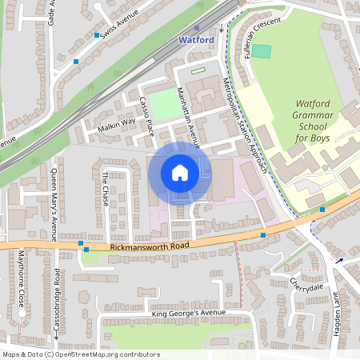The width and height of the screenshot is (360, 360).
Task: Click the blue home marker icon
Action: click(180, 173)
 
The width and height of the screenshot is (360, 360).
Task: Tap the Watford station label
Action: click(195, 39)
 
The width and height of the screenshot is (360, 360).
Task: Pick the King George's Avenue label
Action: click(190, 313)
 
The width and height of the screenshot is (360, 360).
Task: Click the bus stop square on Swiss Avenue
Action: click(97, 35)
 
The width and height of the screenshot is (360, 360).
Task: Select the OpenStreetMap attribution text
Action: click(81, 354)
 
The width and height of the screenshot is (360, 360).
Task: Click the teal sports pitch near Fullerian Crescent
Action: click(262, 51)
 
